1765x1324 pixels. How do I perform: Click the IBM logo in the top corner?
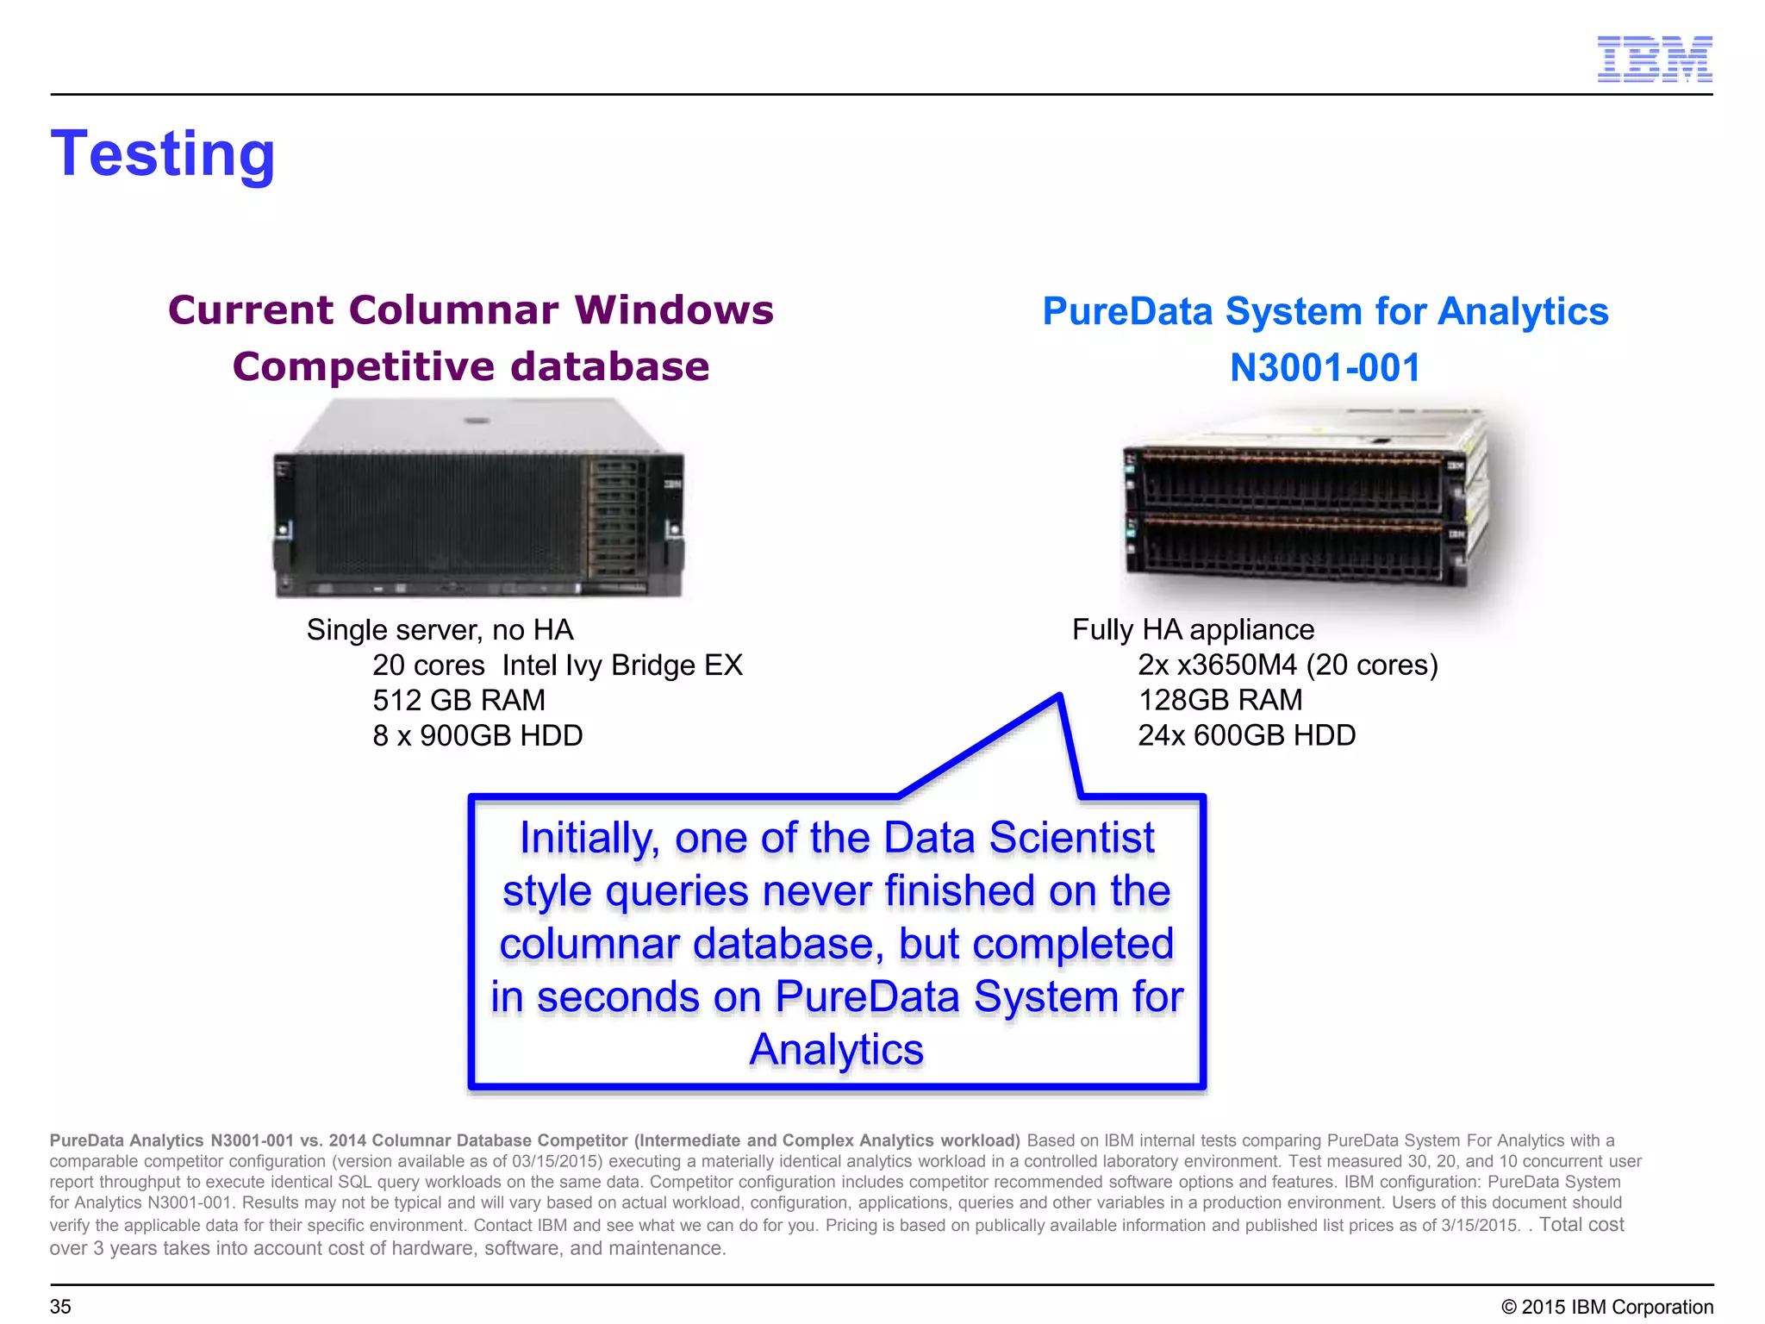click(x=1654, y=59)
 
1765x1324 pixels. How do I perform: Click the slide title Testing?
click(x=163, y=154)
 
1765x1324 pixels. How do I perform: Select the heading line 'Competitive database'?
click(x=471, y=366)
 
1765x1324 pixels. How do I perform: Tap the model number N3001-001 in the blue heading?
click(x=1325, y=368)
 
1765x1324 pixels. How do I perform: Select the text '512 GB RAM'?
click(x=458, y=700)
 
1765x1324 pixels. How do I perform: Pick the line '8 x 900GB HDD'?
click(x=477, y=735)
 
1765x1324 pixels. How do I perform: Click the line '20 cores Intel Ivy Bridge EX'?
click(x=557, y=665)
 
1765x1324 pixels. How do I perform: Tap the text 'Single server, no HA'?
click(x=440, y=630)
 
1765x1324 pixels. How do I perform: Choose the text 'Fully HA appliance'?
click(x=1193, y=630)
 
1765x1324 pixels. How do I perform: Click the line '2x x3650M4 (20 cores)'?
click(x=1288, y=665)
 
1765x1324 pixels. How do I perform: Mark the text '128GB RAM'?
click(x=1219, y=700)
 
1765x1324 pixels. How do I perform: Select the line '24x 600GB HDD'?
click(x=1246, y=735)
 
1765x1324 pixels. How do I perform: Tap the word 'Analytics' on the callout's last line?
click(x=836, y=1050)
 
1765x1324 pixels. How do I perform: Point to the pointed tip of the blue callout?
click(x=1059, y=696)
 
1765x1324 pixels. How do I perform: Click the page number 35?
click(x=60, y=1307)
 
